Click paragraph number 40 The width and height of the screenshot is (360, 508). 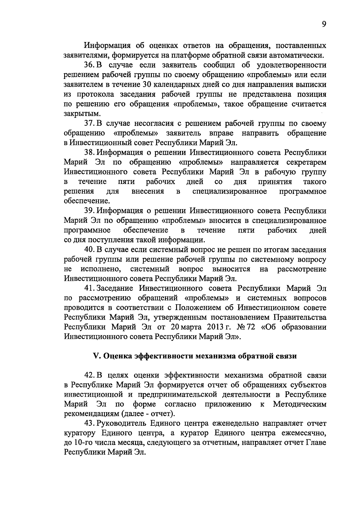click(89, 250)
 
